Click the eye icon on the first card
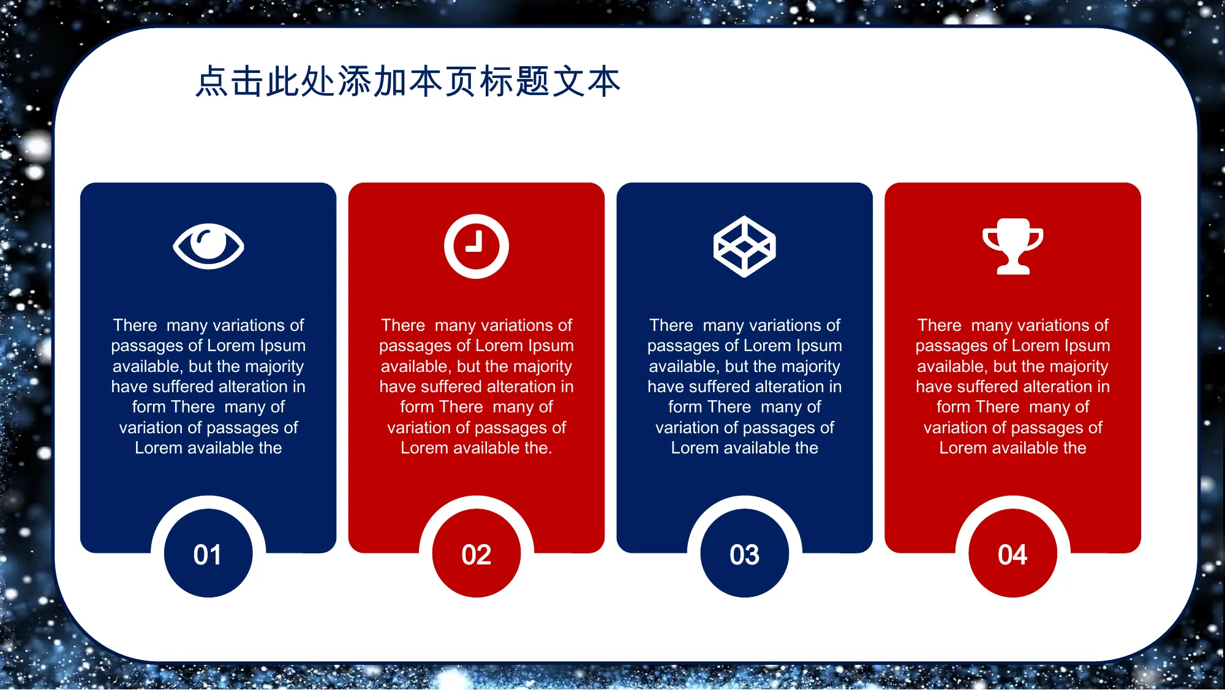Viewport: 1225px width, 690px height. (208, 246)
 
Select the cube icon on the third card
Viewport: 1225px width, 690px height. (744, 246)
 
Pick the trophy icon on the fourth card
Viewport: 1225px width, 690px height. (1012, 246)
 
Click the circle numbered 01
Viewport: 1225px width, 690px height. (208, 553)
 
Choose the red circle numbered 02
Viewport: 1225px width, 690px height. (477, 553)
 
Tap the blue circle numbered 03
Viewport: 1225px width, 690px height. (745, 553)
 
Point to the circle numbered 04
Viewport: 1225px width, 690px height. (1013, 553)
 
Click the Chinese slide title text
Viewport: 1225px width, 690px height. (408, 82)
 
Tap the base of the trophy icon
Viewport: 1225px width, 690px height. (1013, 268)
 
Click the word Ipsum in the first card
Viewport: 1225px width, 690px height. (282, 346)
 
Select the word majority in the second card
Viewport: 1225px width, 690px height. (544, 366)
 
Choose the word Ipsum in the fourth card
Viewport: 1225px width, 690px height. (1087, 346)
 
